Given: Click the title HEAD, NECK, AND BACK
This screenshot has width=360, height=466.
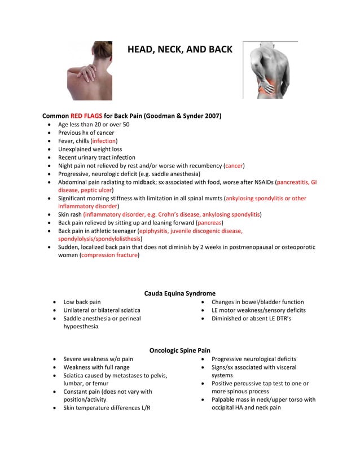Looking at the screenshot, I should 179,50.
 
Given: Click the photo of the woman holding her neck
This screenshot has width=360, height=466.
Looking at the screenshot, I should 89,71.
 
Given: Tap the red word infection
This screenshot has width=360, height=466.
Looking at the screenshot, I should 104,141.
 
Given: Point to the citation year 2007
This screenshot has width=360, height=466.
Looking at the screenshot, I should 211,116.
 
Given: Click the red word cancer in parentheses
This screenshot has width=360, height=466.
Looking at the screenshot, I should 234,166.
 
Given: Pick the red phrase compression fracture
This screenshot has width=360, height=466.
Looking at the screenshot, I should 109,256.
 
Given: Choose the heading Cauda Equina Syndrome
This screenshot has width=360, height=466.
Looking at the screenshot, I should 179,293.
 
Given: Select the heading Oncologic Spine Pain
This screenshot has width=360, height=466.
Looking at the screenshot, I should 179,350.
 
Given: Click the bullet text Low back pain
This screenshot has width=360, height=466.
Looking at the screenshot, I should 82,302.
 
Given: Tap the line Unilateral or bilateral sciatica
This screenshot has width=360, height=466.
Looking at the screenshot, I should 102,310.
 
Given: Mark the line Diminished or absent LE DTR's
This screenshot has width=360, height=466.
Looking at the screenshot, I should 251,319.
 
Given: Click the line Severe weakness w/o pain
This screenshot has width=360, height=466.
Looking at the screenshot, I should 98,359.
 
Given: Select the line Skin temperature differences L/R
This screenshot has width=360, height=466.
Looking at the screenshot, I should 111,408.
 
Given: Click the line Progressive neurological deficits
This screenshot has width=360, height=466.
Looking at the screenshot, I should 253,359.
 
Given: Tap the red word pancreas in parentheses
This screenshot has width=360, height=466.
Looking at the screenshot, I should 208,223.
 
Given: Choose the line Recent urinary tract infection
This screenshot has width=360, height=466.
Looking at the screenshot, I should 96,157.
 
